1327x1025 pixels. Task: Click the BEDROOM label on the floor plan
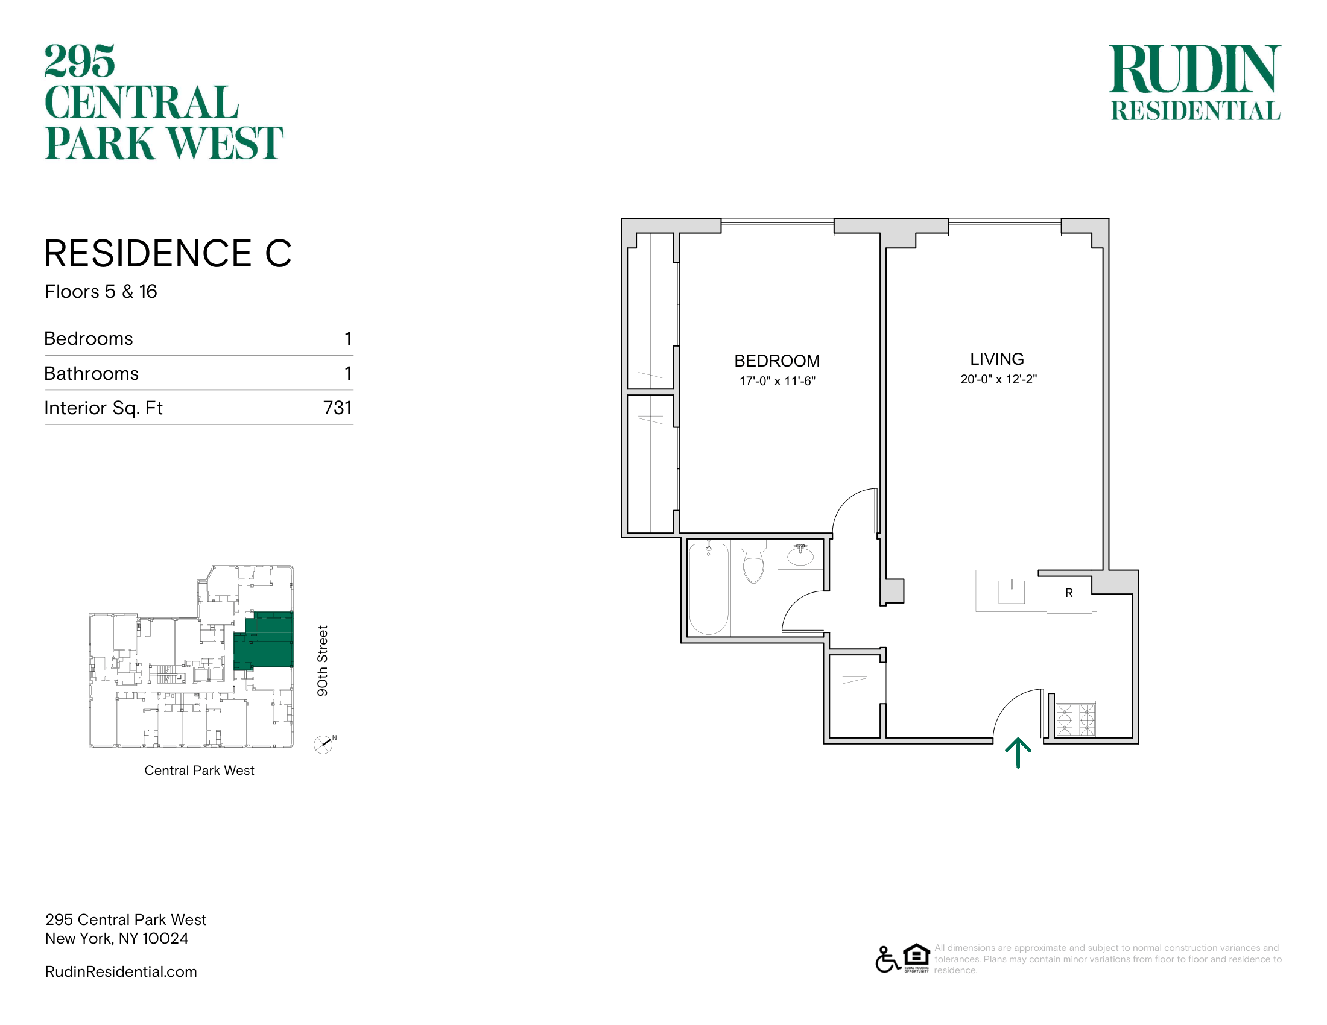coord(777,361)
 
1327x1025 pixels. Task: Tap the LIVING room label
coord(997,359)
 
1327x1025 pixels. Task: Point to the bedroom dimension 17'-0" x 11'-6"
coord(777,381)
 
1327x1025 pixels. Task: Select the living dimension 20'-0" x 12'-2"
coord(998,379)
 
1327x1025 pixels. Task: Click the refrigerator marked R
coord(1069,593)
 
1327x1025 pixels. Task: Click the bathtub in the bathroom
coord(709,589)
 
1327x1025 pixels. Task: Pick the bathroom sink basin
coord(800,556)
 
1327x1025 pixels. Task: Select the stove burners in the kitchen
coord(1075,719)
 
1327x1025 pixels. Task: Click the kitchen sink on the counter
coord(1011,591)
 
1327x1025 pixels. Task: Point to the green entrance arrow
coord(1018,754)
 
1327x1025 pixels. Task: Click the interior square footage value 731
coord(338,408)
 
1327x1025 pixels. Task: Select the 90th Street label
coord(322,661)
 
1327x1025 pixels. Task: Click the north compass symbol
coord(324,745)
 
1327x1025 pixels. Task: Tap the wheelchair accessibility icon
coord(888,959)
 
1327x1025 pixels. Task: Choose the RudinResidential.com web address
coord(121,971)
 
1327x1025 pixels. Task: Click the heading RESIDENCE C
coord(168,253)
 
